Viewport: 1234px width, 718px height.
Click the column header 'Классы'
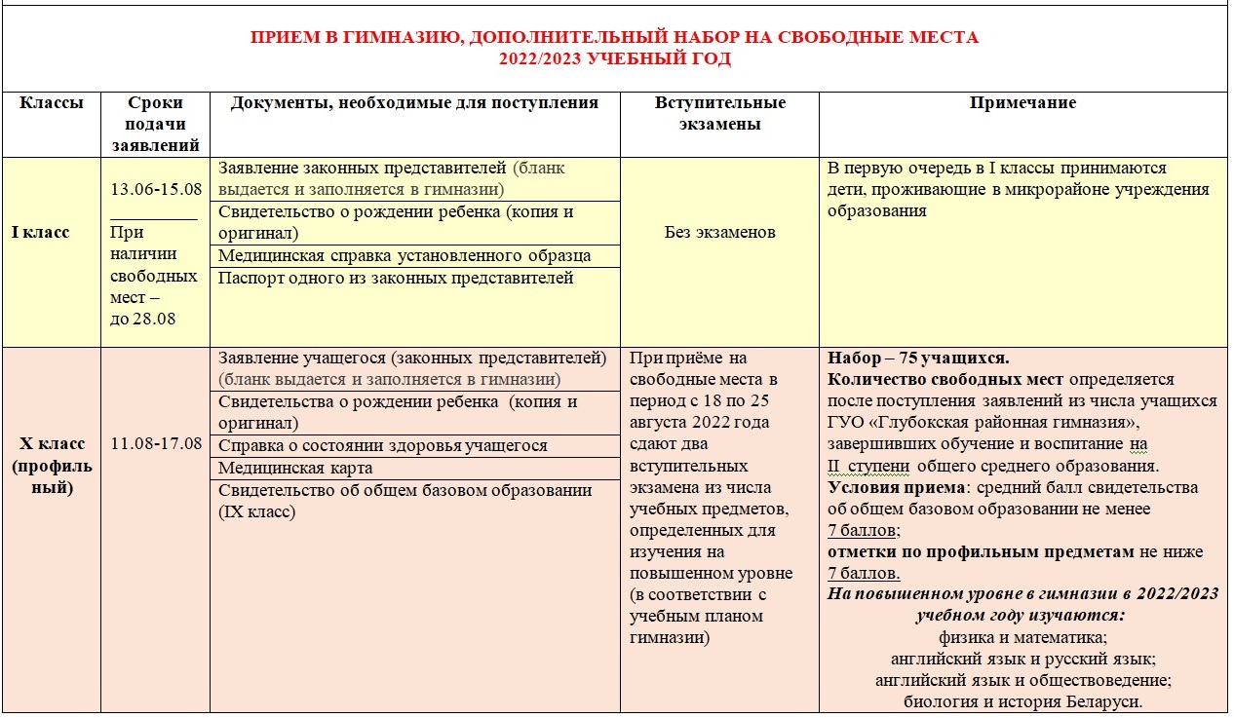coord(52,103)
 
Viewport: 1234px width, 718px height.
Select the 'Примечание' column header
coord(1022,103)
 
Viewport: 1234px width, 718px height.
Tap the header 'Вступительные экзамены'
coord(720,113)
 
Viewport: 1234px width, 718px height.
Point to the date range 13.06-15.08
coord(156,189)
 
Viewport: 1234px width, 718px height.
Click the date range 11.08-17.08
coord(156,444)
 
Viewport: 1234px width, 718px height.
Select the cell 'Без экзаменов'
coord(719,233)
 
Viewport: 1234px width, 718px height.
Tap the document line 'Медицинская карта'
coord(295,469)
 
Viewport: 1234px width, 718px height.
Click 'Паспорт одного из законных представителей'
coord(396,279)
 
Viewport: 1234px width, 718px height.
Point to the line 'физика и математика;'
coord(1022,638)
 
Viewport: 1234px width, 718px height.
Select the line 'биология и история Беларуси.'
coord(1022,702)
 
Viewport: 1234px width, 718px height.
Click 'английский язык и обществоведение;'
coord(1022,681)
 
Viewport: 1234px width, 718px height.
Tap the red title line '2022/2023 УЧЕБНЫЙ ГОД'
coord(615,59)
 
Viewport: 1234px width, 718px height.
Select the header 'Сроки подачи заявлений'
coord(156,124)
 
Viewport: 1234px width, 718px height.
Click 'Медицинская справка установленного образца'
coord(405,256)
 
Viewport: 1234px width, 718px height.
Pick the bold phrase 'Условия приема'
coord(890,488)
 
